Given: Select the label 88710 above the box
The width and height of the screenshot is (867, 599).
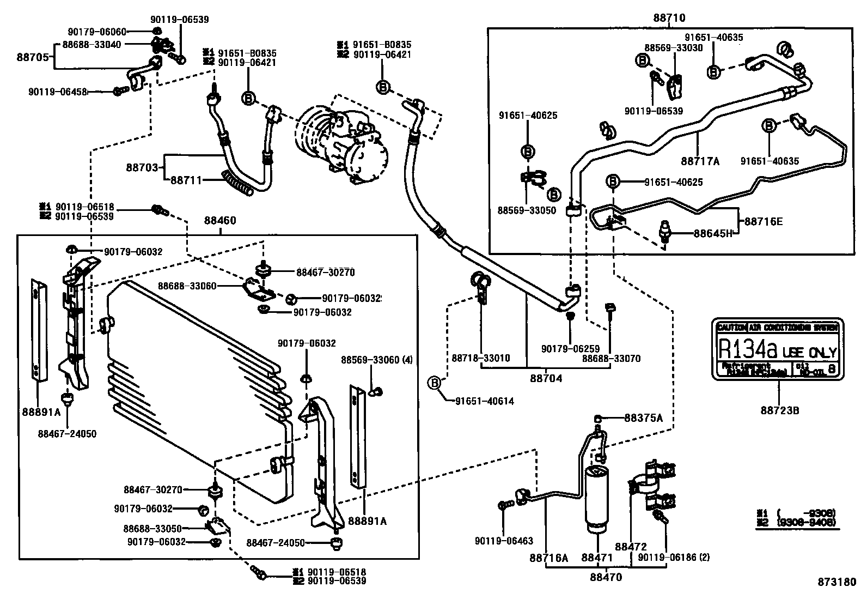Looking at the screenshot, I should point(669,18).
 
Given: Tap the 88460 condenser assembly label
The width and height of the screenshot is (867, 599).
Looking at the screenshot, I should point(220,221).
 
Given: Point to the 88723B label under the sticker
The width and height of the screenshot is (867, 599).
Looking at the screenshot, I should point(780,410).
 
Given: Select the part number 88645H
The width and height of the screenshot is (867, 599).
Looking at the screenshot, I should point(713,233).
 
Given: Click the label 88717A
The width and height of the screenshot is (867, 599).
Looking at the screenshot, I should point(700,161).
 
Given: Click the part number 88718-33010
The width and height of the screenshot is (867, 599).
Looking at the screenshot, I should point(481,358).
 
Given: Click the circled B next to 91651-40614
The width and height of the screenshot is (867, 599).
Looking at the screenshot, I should point(435,383).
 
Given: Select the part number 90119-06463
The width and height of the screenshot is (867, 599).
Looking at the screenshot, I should point(504,541).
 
